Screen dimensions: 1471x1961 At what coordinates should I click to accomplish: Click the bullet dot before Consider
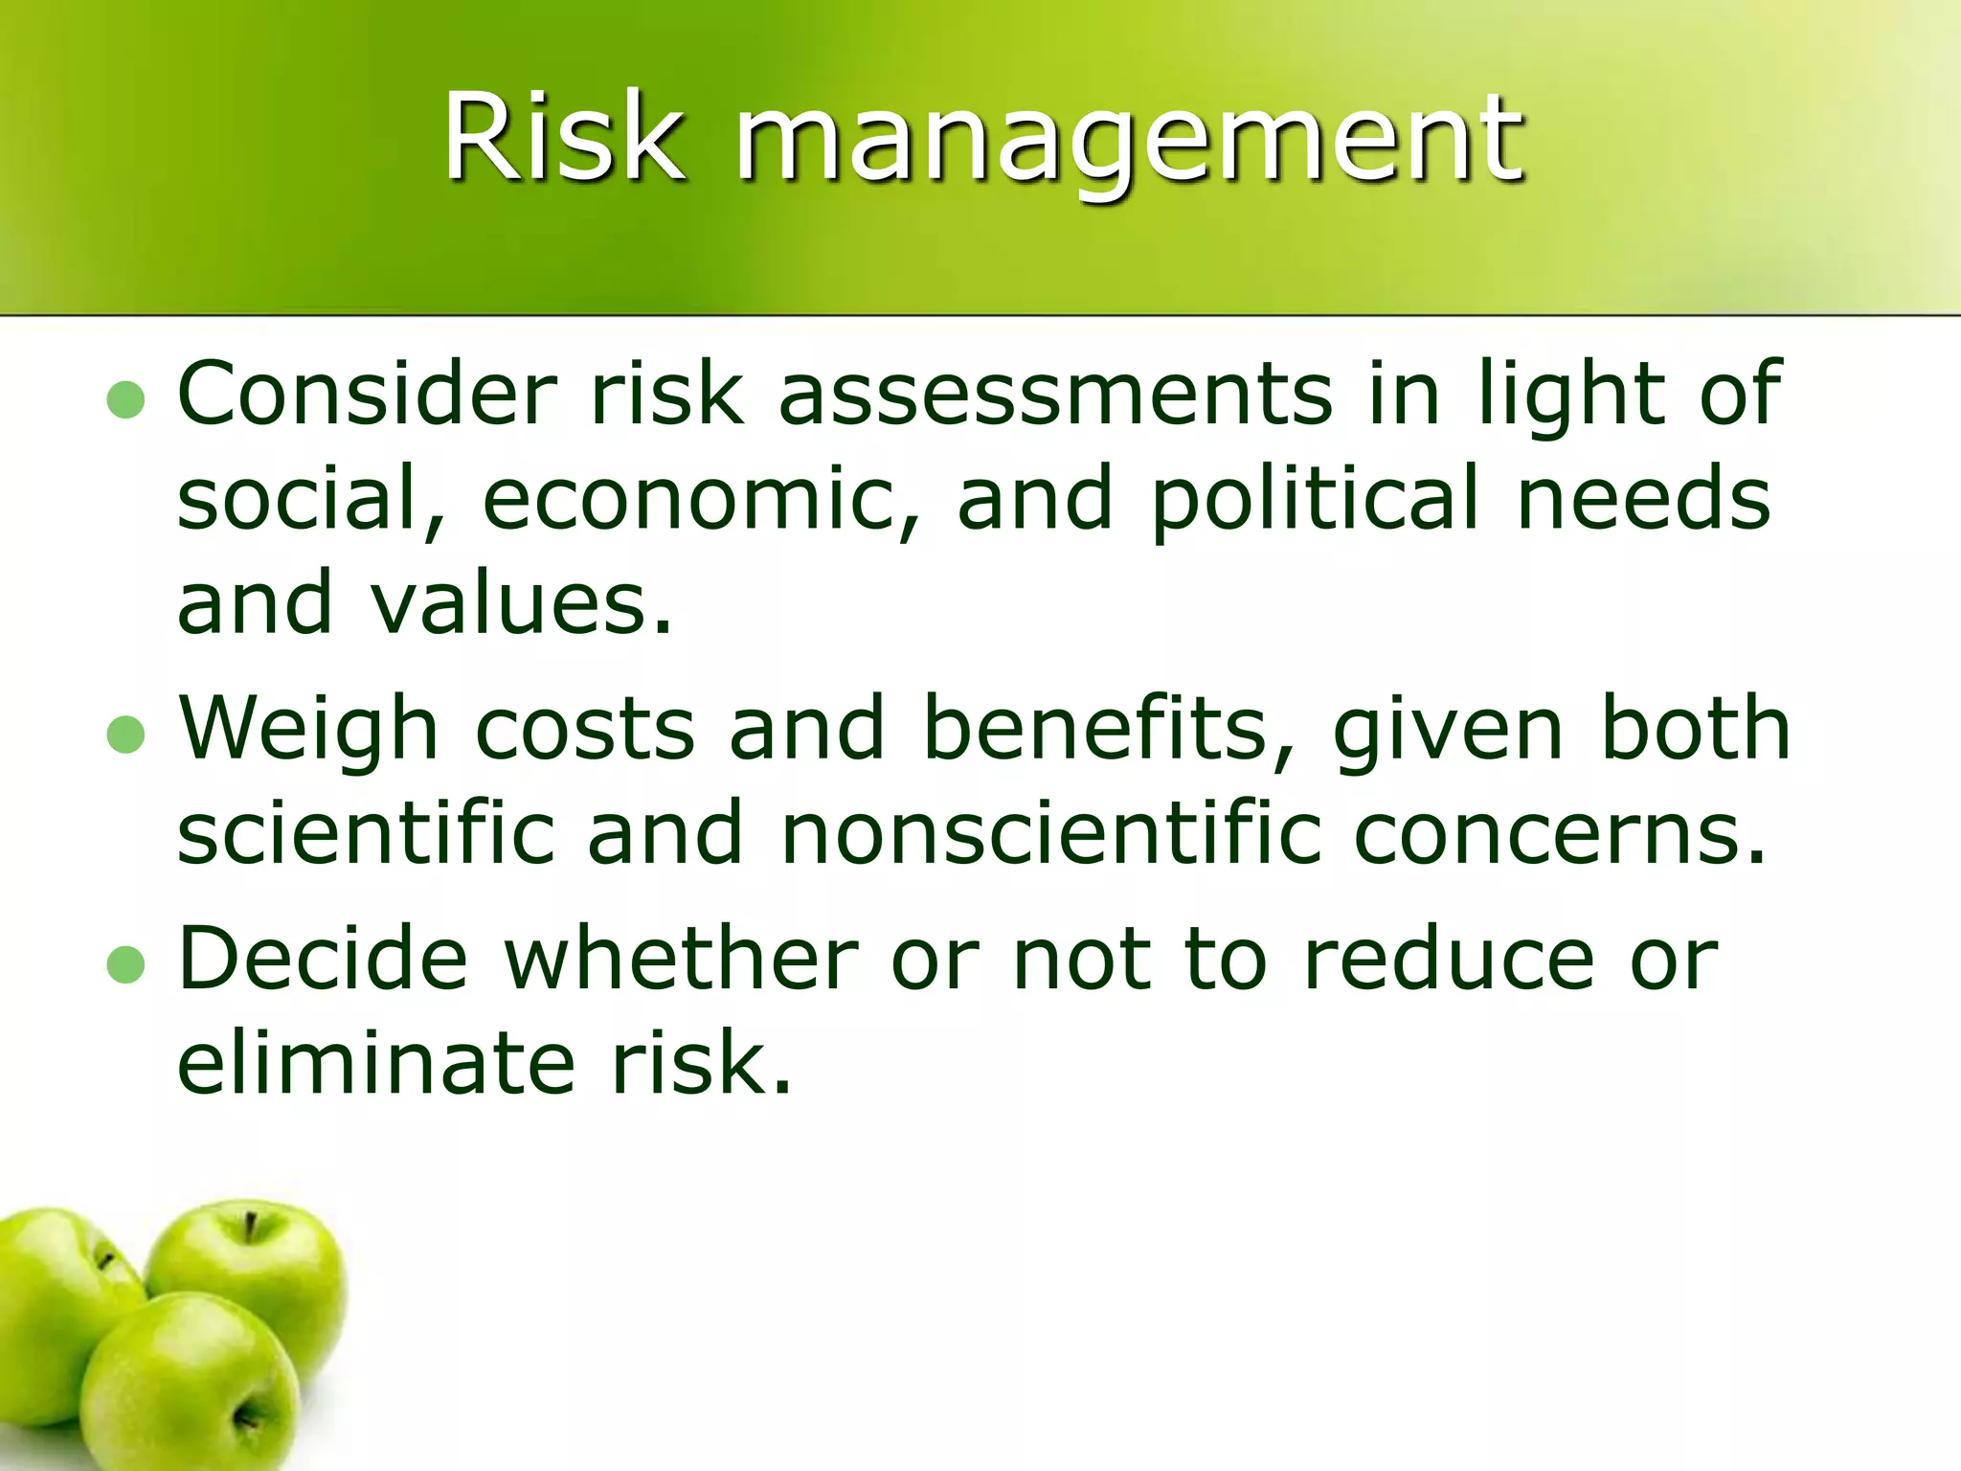tap(125, 400)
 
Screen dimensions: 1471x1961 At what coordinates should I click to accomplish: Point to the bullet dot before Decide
tap(125, 965)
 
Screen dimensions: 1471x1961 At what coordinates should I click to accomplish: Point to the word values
tap(522, 603)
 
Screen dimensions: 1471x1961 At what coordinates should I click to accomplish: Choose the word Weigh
tap(309, 730)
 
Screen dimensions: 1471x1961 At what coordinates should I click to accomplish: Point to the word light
tap(1575, 395)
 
